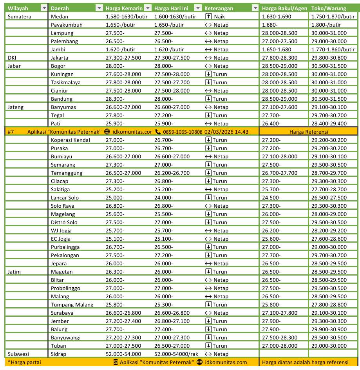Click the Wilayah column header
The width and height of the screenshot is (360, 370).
pos(18,8)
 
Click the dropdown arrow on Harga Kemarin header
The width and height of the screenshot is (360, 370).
pos(148,8)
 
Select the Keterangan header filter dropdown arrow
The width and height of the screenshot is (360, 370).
pos(255,8)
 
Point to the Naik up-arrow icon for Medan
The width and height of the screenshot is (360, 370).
pos(208,16)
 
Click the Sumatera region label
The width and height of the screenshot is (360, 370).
pos(20,16)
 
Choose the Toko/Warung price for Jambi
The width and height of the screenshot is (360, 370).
pos(332,49)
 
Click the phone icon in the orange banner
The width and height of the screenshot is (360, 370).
pos(158,132)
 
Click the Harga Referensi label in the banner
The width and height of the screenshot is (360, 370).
pos(309,132)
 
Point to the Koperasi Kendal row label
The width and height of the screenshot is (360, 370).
pos(71,140)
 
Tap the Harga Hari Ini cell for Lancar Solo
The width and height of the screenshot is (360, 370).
pos(164,198)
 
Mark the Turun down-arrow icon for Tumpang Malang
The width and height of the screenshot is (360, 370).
pos(208,305)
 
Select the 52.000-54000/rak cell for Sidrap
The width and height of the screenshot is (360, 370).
pos(176,354)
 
